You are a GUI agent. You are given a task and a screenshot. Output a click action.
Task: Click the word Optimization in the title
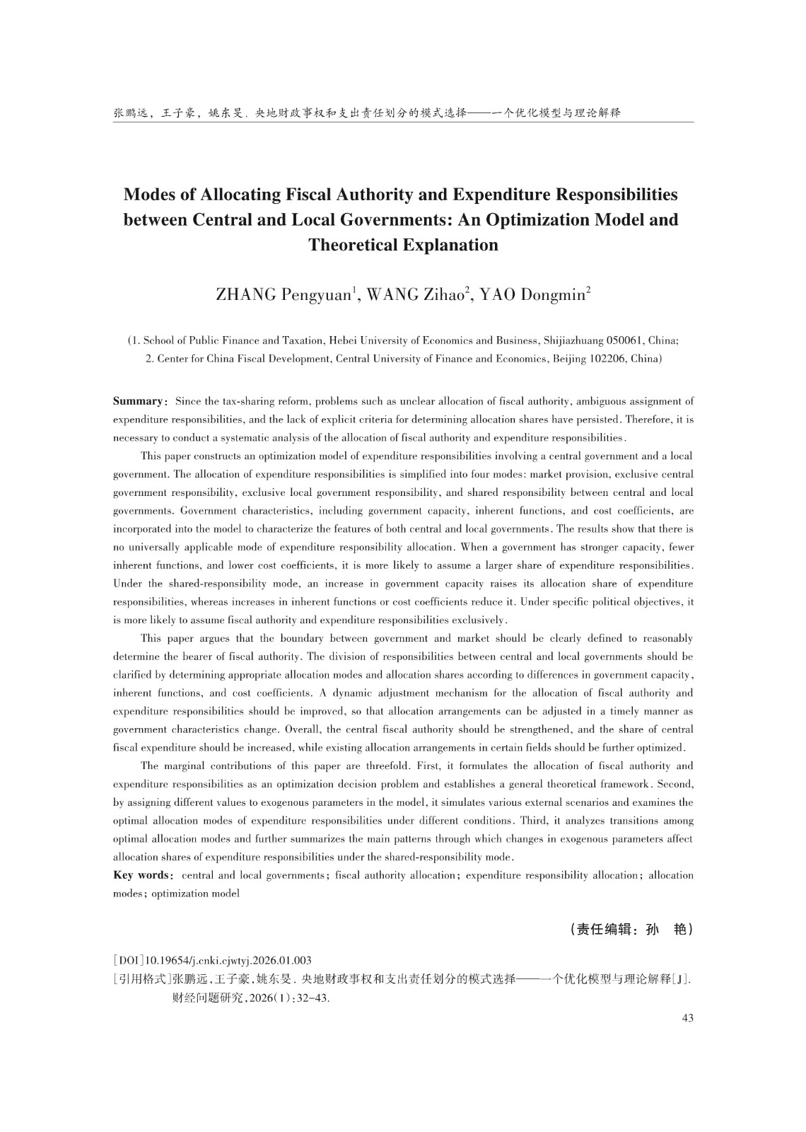[x=537, y=220]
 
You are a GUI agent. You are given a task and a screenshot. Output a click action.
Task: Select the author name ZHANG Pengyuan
[x=284, y=295]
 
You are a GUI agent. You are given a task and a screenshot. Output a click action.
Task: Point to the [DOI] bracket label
[x=129, y=961]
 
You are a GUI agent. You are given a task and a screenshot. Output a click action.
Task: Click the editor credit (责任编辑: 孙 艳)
[x=631, y=930]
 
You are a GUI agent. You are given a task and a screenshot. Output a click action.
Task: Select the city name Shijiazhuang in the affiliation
[x=569, y=340]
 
